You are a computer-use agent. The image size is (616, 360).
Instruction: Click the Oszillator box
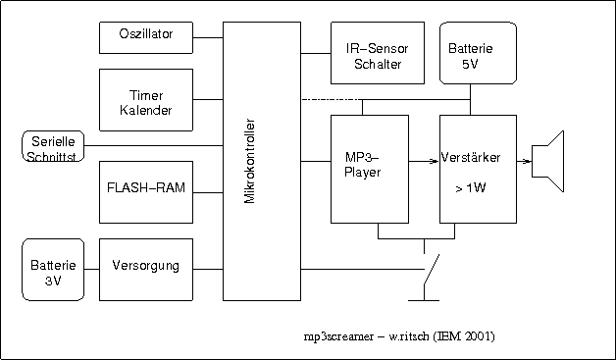tap(146, 37)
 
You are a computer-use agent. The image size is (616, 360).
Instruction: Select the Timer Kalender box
tap(146, 100)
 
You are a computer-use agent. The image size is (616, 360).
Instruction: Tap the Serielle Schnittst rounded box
tap(53, 146)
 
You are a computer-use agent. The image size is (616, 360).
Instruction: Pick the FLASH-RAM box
tap(146, 192)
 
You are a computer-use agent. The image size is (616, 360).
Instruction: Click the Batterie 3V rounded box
tap(53, 270)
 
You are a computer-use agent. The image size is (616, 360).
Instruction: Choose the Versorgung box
tap(146, 270)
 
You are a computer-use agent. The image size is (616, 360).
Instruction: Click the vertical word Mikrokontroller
tap(250, 161)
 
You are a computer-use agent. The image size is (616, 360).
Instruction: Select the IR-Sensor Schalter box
tap(378, 53)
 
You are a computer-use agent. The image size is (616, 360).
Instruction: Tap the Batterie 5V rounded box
tap(478, 53)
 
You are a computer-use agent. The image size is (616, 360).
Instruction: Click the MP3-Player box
tap(370, 169)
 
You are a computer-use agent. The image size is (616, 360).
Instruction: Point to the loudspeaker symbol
tap(548, 161)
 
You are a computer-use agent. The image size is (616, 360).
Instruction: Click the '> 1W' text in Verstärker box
tap(471, 188)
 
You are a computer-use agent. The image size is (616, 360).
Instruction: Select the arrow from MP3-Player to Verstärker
tap(424, 161)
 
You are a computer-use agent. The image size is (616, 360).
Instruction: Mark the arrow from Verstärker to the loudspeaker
tap(524, 161)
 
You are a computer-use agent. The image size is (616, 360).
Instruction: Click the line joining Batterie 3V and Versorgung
tap(92, 270)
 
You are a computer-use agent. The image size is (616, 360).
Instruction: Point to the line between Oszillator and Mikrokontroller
tap(208, 37)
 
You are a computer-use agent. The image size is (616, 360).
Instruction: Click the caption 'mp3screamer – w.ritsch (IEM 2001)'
tap(399, 336)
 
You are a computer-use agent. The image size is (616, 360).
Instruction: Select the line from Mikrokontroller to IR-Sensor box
tap(316, 53)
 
